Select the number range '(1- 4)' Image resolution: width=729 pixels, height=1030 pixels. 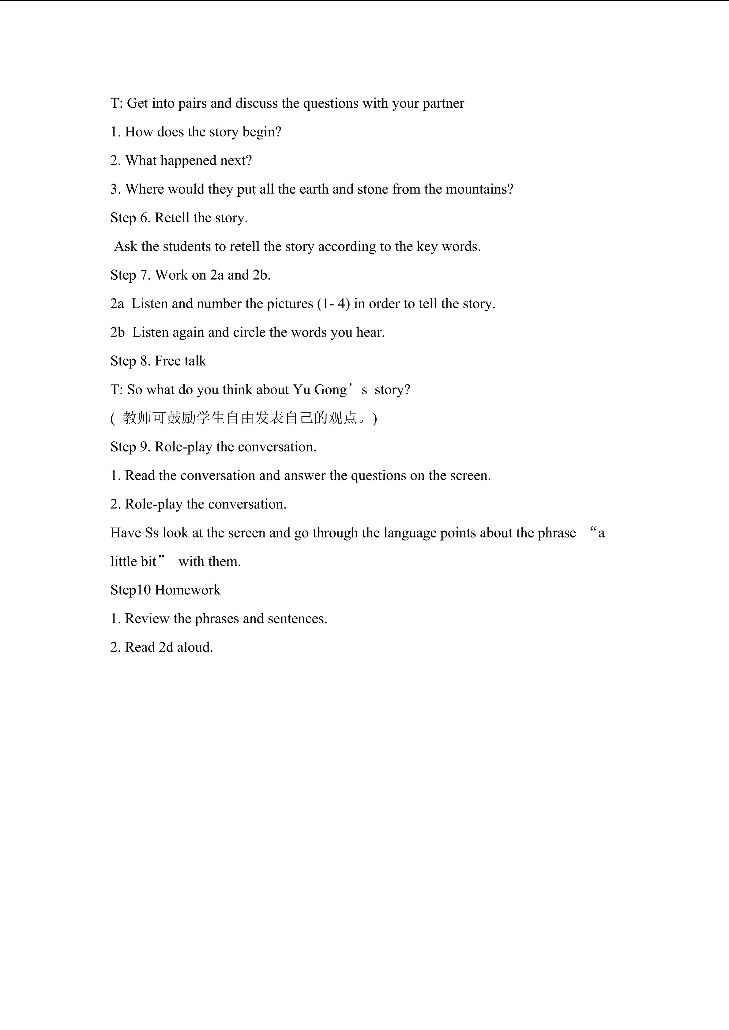pos(333,304)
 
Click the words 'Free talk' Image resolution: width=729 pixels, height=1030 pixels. pos(180,361)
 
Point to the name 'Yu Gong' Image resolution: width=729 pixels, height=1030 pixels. pos(320,390)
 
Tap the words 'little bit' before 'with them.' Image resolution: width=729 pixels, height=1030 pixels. pos(133,562)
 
